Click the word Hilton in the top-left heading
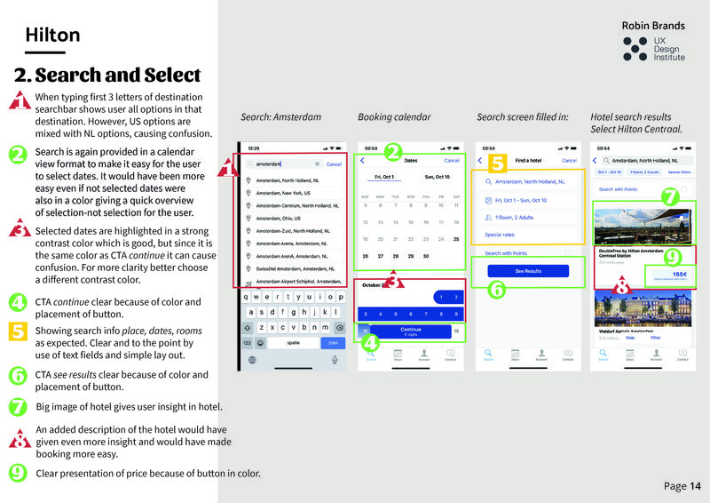tap(52, 36)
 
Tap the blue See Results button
tap(527, 271)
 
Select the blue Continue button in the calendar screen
tap(410, 331)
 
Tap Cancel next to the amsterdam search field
tap(334, 164)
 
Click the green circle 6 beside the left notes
tap(18, 375)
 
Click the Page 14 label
tap(682, 486)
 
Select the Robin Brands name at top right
tap(652, 26)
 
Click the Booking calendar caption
tap(394, 116)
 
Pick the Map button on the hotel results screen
tap(630, 338)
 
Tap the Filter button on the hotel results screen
tap(656, 338)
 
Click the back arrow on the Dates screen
tap(362, 161)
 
